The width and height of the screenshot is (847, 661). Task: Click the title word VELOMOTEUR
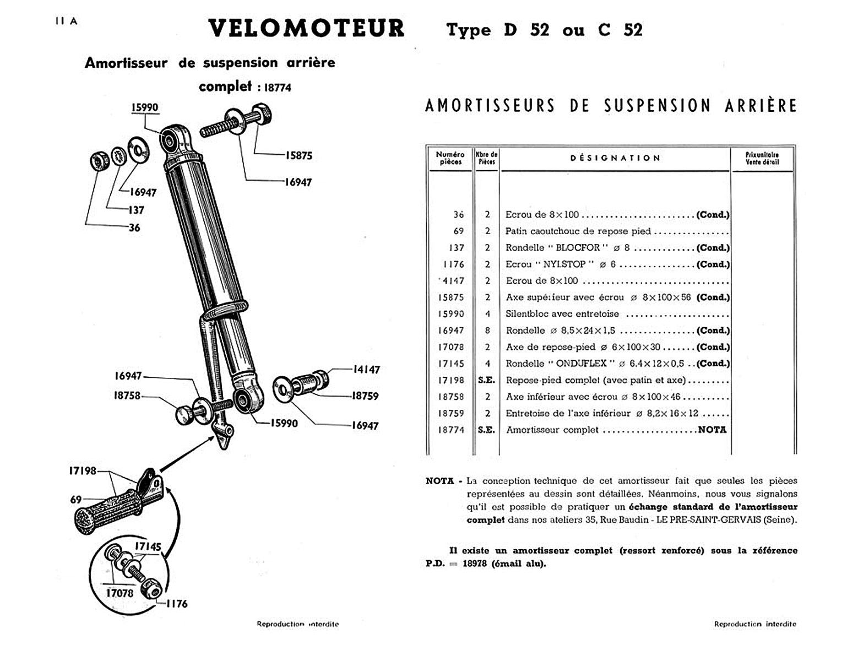(x=306, y=29)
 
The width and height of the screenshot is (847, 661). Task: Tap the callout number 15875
(x=298, y=156)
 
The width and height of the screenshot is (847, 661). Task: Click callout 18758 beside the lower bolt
(x=127, y=395)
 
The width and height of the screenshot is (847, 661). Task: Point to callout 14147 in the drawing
(x=366, y=370)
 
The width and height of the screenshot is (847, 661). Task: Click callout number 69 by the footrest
(x=76, y=500)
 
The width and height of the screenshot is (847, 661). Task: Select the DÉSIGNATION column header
(x=615, y=158)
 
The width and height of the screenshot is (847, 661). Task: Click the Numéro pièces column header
(x=450, y=158)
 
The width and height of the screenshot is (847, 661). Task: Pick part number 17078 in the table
(x=451, y=347)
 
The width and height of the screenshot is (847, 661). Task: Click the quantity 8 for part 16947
(x=487, y=330)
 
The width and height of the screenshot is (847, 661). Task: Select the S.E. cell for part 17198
(x=486, y=380)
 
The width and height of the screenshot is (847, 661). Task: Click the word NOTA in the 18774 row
(x=712, y=430)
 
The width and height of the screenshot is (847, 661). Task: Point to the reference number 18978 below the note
(x=475, y=564)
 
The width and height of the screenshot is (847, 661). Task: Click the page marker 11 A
(x=66, y=21)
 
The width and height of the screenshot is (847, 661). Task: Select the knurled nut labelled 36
(x=99, y=161)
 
